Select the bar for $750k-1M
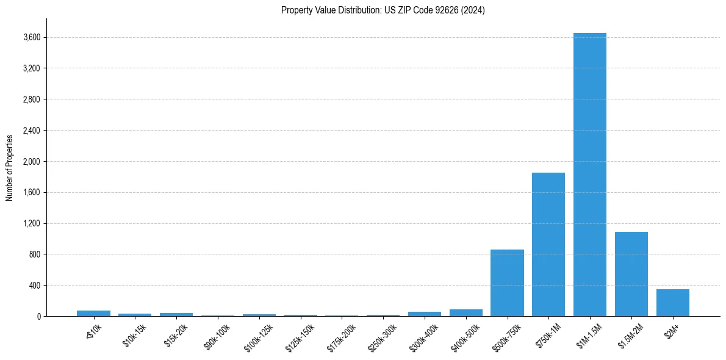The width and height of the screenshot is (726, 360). (548, 244)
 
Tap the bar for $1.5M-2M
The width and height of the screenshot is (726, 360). (631, 274)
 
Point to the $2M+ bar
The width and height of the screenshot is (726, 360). (673, 303)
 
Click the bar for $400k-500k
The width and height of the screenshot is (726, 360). (466, 312)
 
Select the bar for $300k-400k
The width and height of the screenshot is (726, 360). (425, 314)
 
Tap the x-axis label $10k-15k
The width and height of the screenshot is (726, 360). (134, 335)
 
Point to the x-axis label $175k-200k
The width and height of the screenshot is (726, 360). (341, 336)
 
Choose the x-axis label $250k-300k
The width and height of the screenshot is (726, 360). (383, 336)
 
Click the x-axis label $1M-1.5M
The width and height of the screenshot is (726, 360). (589, 335)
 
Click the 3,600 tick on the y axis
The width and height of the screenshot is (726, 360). (32, 38)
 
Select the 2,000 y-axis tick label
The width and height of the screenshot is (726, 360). (32, 162)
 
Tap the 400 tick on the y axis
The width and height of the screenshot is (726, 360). (35, 286)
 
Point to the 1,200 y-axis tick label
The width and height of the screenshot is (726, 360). (32, 224)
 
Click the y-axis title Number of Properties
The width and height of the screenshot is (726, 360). (10, 167)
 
